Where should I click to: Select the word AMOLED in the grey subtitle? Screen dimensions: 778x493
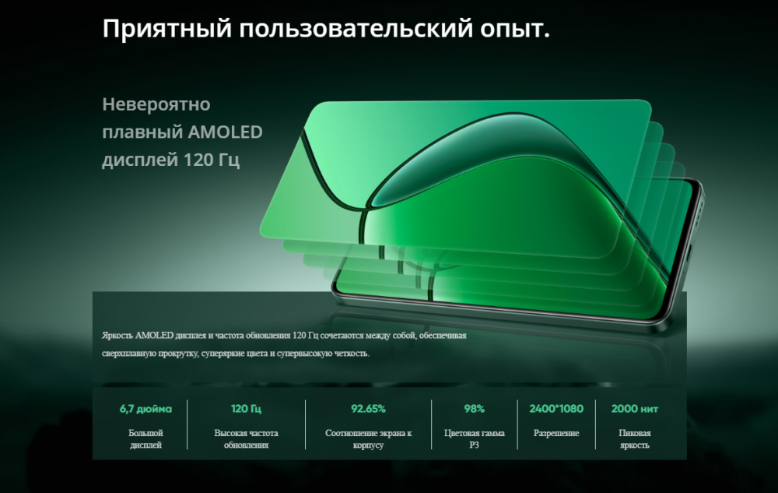pyautogui.click(x=226, y=132)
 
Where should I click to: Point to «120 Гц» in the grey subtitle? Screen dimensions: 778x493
pyautogui.click(x=212, y=160)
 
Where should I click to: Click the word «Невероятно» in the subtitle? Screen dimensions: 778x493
pyautogui.click(x=156, y=104)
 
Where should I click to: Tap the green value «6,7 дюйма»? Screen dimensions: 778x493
pyautogui.click(x=145, y=409)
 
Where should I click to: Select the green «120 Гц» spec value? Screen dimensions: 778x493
pyautogui.click(x=246, y=409)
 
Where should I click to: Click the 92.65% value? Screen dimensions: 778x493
pyautogui.click(x=368, y=409)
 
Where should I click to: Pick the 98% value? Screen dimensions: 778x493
pyautogui.click(x=475, y=409)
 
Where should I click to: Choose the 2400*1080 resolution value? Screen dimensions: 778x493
pyautogui.click(x=556, y=409)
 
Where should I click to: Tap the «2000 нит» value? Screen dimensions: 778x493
pyautogui.click(x=635, y=409)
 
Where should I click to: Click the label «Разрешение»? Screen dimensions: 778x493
pyautogui.click(x=556, y=433)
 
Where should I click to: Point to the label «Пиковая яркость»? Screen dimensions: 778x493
pyautogui.click(x=635, y=439)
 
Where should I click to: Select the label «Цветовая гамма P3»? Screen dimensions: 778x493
pyautogui.click(x=475, y=439)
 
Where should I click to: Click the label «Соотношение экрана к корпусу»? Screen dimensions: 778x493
pyautogui.click(x=368, y=439)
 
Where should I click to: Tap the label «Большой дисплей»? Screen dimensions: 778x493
pyautogui.click(x=145, y=439)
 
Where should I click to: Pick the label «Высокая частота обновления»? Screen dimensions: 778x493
pyautogui.click(x=246, y=439)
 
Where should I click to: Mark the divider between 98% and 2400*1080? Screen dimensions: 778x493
pyautogui.click(x=517, y=424)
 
